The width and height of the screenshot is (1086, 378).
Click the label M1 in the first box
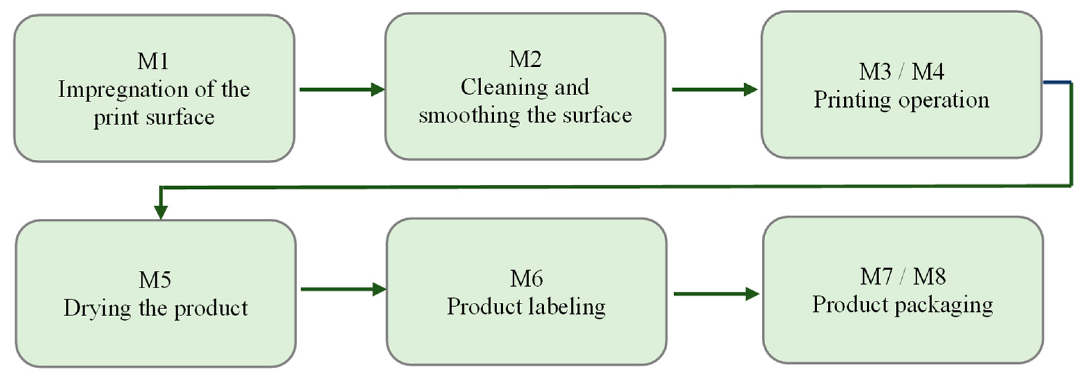(x=153, y=61)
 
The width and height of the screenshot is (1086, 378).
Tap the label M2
(x=525, y=59)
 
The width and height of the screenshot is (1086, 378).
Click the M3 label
(x=875, y=72)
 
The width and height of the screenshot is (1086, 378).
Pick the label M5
(x=155, y=280)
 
